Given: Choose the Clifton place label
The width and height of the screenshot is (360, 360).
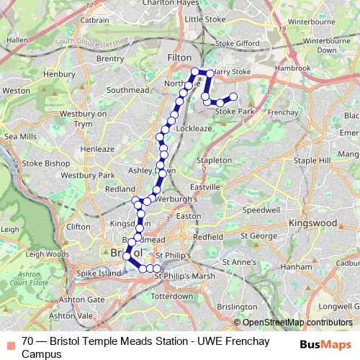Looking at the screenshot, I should (78, 226).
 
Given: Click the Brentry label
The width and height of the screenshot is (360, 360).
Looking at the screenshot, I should (109, 58).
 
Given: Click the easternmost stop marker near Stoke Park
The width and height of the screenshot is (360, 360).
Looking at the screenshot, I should (233, 97).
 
